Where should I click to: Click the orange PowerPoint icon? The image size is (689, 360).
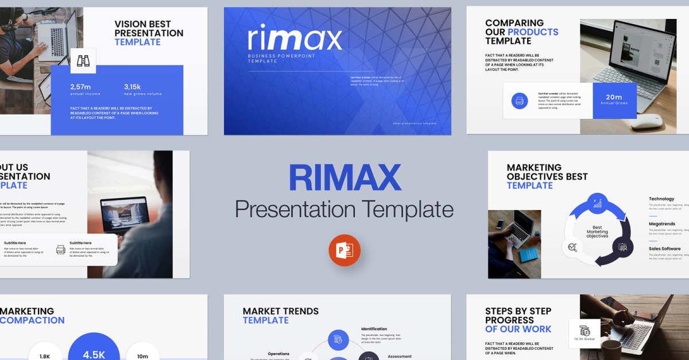pyautogui.click(x=344, y=250)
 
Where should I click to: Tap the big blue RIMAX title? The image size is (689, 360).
pyautogui.click(x=344, y=177)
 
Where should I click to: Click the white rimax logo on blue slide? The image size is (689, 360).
pyautogui.click(x=295, y=37)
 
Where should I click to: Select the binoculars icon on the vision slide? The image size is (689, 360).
pyautogui.click(x=83, y=61)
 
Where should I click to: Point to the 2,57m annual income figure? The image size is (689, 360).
pyautogui.click(x=81, y=87)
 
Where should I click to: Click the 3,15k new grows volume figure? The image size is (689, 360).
pyautogui.click(x=133, y=87)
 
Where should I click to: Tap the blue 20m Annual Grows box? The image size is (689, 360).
pyautogui.click(x=614, y=100)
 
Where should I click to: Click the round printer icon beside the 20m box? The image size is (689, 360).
pyautogui.click(x=520, y=101)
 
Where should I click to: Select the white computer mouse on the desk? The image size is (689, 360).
pyautogui.click(x=646, y=121)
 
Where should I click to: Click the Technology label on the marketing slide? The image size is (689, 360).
pyautogui.click(x=661, y=199)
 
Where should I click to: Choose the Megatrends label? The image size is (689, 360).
pyautogui.click(x=662, y=224)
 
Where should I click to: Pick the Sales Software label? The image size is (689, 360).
pyautogui.click(x=664, y=249)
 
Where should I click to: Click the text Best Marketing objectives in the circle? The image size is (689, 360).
pyautogui.click(x=597, y=232)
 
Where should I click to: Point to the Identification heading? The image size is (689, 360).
pyautogui.click(x=374, y=329)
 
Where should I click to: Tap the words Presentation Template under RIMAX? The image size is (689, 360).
pyautogui.click(x=344, y=209)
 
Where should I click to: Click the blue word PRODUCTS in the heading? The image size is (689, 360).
pyautogui.click(x=533, y=32)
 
